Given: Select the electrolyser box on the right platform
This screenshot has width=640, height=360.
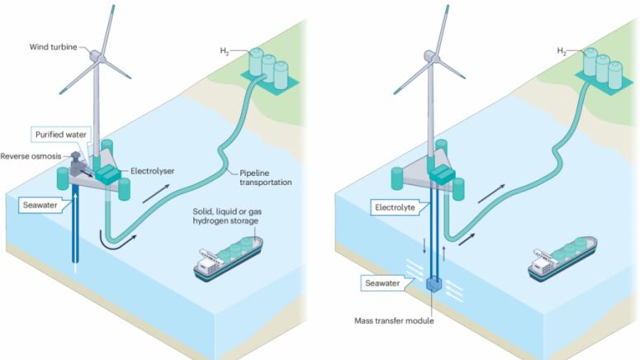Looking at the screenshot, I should click(x=444, y=174).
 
